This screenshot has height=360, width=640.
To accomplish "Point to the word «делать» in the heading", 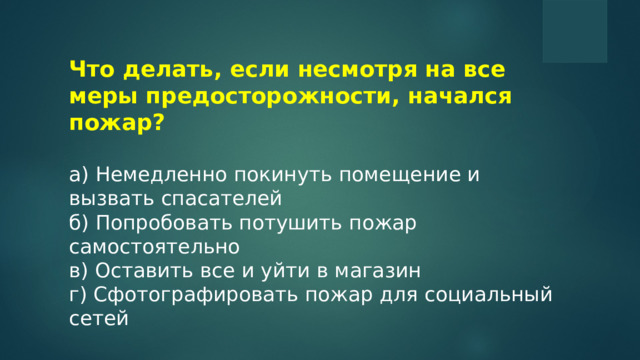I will click(162, 71).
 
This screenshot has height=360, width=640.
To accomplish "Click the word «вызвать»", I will click(106, 197).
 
